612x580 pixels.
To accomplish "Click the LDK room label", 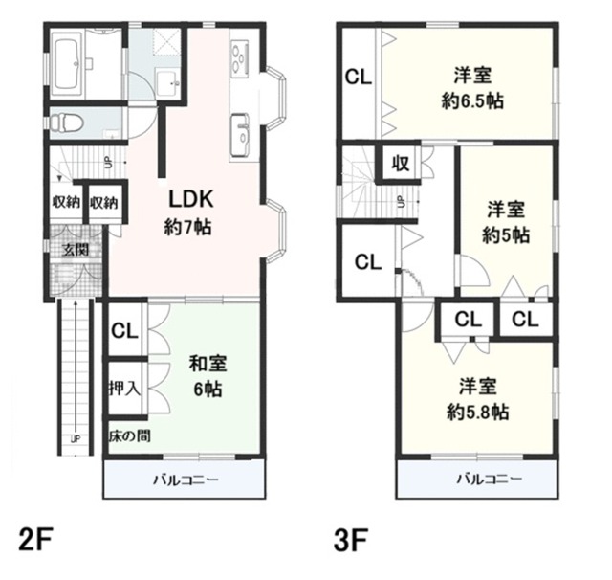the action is pyautogui.click(x=191, y=199).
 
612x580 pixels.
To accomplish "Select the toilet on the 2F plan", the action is pyautogui.click(x=67, y=123).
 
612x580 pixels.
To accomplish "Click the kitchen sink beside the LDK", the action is pyautogui.click(x=240, y=135).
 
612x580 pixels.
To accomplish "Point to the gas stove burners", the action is pyautogui.click(x=240, y=58).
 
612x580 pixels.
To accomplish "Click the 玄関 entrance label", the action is pyautogui.click(x=76, y=249).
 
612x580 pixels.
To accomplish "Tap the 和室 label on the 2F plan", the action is pyautogui.click(x=208, y=364).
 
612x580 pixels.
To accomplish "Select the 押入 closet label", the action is pyautogui.click(x=124, y=388).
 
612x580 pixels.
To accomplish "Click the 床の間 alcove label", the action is pyautogui.click(x=130, y=435).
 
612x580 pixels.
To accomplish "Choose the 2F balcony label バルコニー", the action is pyautogui.click(x=186, y=480).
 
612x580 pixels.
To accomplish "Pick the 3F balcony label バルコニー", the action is pyautogui.click(x=489, y=479).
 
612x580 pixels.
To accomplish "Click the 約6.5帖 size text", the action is pyautogui.click(x=472, y=101).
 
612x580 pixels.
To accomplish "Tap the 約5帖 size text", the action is pyautogui.click(x=506, y=235).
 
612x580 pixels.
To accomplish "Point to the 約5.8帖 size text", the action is pyautogui.click(x=478, y=412).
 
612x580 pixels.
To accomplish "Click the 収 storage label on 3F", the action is pyautogui.click(x=401, y=163).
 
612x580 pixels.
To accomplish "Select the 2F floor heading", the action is pyautogui.click(x=35, y=540).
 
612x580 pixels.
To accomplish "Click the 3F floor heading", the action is pyautogui.click(x=351, y=540).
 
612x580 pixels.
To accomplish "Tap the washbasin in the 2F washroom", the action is pyautogui.click(x=168, y=82).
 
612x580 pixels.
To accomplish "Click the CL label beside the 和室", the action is pyautogui.click(x=124, y=331).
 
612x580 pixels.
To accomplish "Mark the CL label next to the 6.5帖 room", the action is pyautogui.click(x=359, y=77).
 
